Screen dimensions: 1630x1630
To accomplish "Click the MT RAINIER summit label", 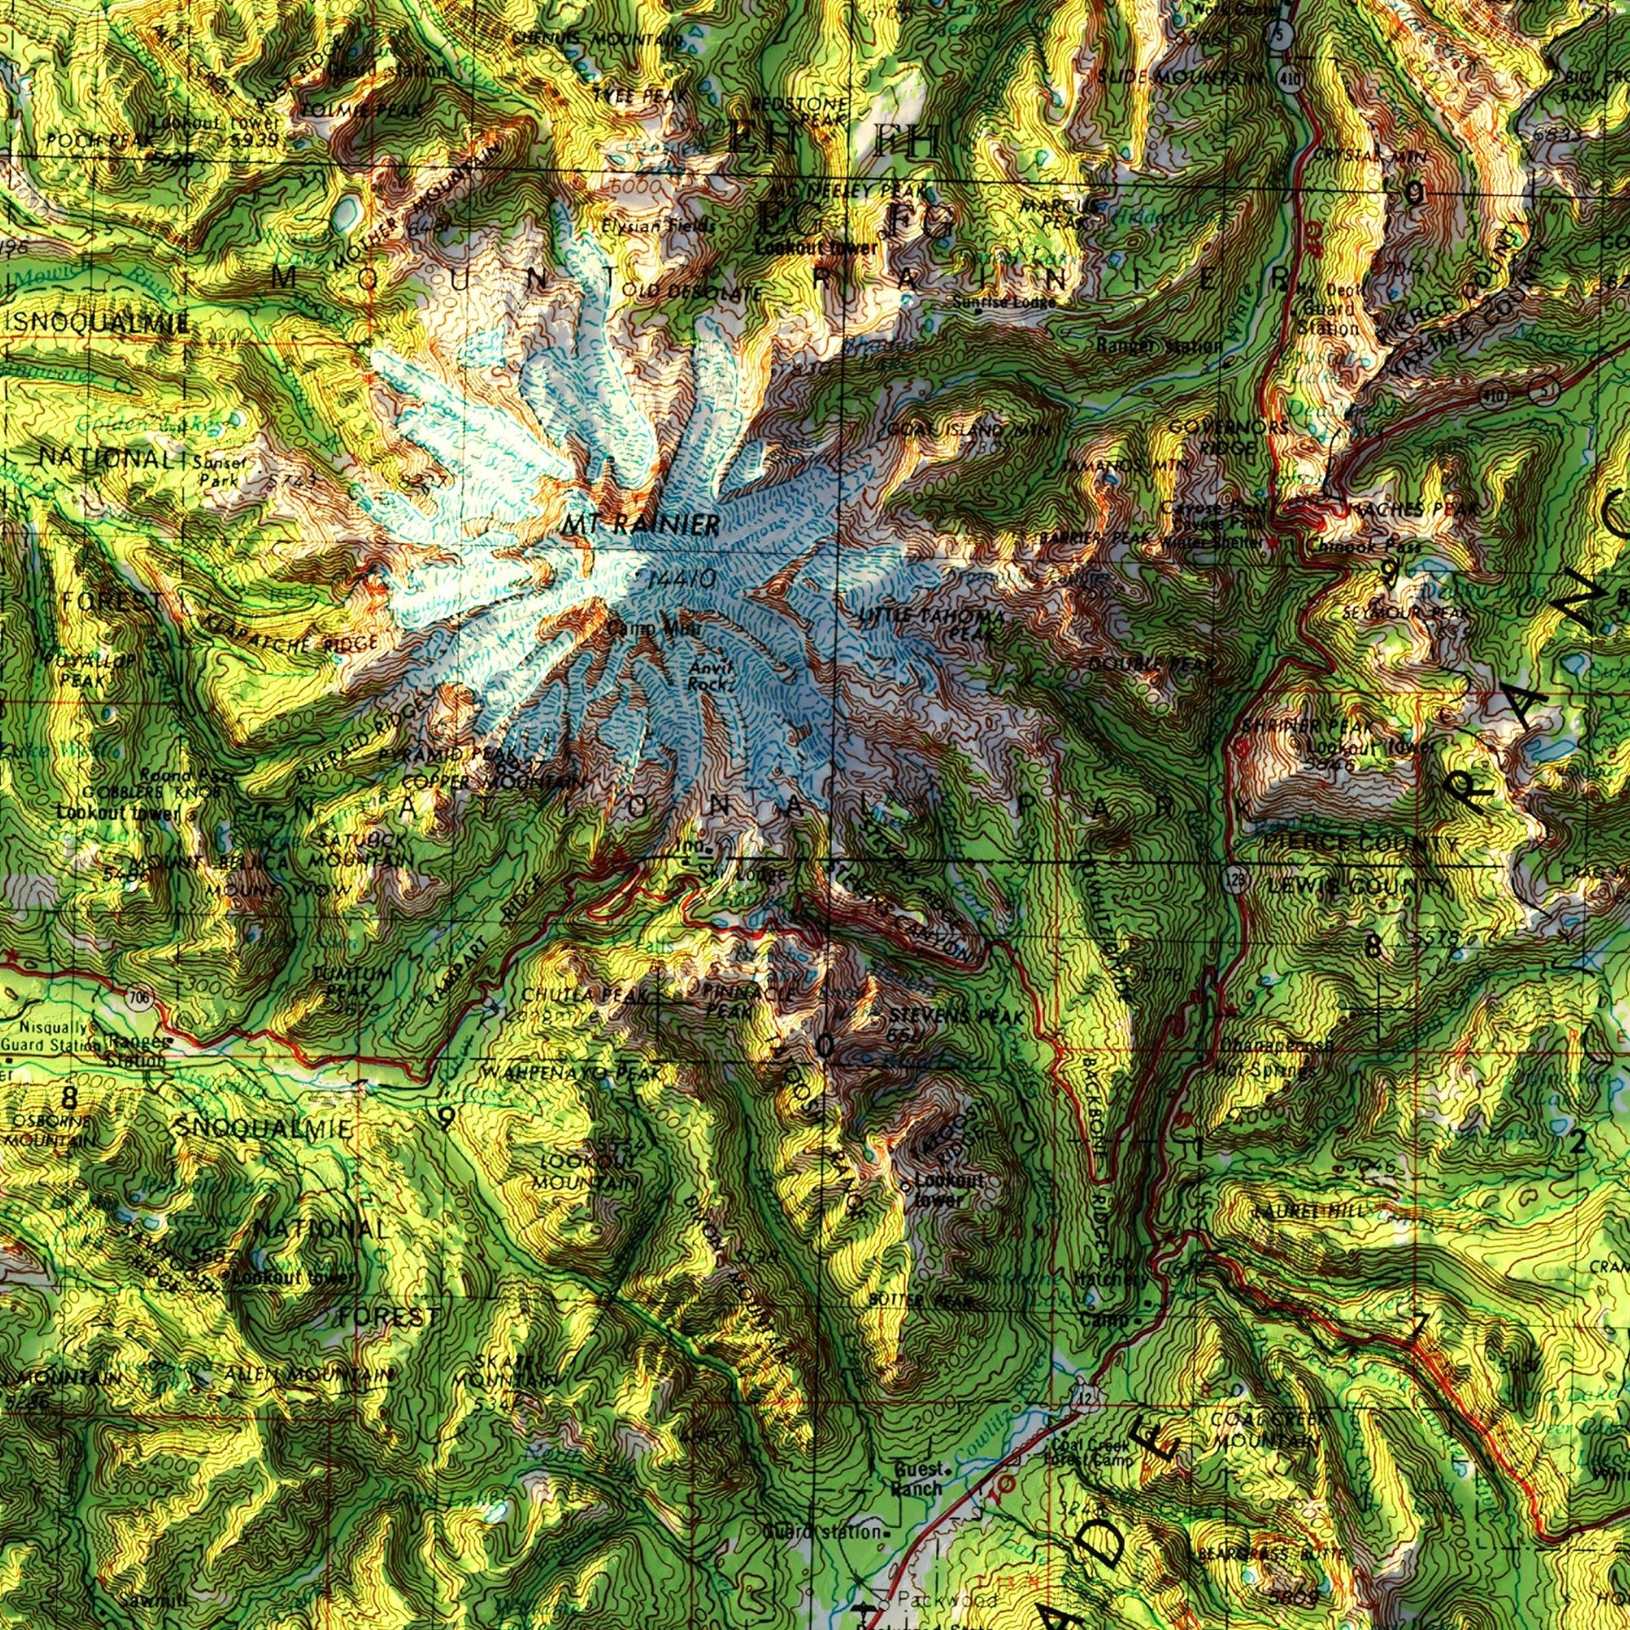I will [640, 524].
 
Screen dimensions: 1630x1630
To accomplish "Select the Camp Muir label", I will [654, 629].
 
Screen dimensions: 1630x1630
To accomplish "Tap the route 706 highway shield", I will [141, 998].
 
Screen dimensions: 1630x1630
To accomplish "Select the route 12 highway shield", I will [1085, 1397].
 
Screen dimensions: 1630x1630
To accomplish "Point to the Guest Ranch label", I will [916, 1478].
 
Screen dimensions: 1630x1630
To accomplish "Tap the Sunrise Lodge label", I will [1003, 301].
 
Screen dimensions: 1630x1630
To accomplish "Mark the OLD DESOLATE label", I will [692, 292].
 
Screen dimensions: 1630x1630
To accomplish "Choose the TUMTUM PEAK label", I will [351, 981].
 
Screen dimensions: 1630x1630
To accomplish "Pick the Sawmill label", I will [148, 1599].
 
